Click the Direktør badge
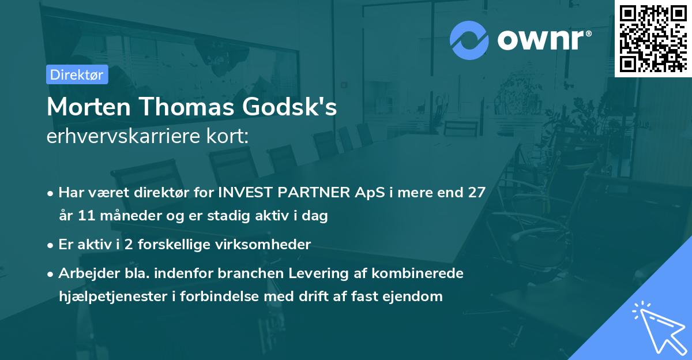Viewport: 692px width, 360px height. coord(77,74)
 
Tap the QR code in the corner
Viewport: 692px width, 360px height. coord(653,39)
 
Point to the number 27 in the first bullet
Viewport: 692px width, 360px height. coord(476,192)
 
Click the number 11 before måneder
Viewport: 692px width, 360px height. coord(86,216)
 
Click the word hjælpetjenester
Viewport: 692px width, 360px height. coord(110,297)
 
